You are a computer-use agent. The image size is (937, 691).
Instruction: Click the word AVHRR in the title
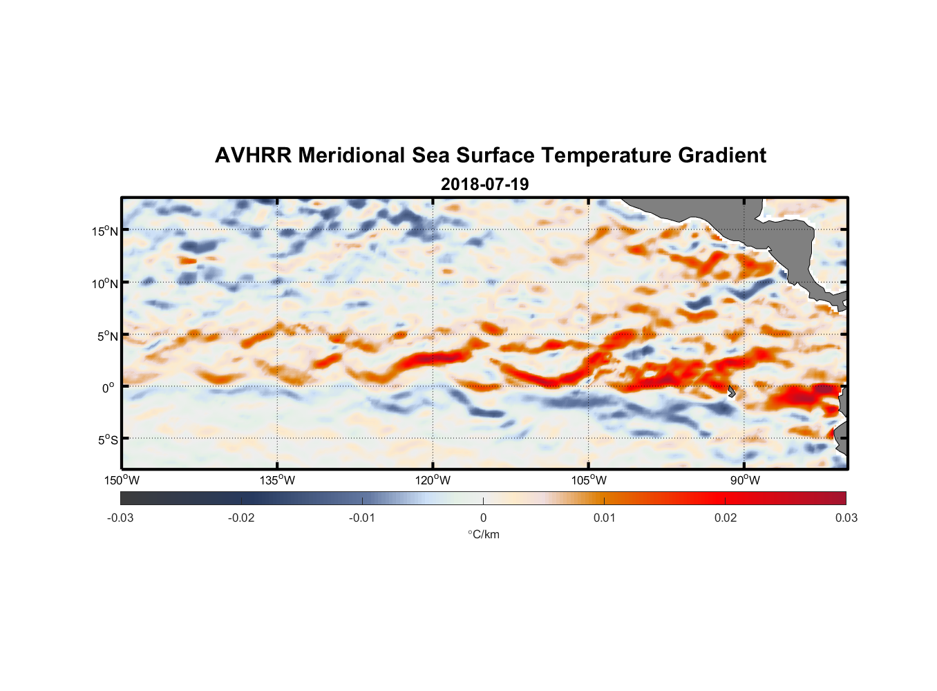(x=253, y=155)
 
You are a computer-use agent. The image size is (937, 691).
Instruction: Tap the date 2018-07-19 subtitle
(x=484, y=184)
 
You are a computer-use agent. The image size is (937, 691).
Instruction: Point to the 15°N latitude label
(x=105, y=231)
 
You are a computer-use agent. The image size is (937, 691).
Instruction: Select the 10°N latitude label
(x=105, y=283)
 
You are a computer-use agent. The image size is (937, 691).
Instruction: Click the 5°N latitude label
(x=107, y=336)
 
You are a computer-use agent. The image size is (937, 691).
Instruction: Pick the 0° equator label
(x=108, y=388)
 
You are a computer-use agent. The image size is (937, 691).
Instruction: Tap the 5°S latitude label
(x=107, y=440)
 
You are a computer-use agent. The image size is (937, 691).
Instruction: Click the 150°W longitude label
(x=122, y=480)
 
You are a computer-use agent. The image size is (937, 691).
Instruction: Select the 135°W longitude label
(x=278, y=480)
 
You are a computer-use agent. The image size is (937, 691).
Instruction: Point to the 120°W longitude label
(x=433, y=480)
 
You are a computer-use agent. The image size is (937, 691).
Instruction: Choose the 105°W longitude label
(x=589, y=480)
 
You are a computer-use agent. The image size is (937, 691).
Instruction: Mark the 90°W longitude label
(x=745, y=480)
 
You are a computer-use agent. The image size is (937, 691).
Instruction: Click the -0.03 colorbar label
(x=120, y=518)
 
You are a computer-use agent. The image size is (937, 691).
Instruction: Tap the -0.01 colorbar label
(x=362, y=518)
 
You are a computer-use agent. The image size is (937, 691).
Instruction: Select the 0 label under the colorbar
(x=483, y=518)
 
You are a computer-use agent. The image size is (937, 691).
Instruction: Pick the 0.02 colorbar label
(x=726, y=518)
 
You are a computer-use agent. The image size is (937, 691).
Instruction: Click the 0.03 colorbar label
(x=846, y=518)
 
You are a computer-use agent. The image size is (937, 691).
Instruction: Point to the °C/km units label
(x=484, y=535)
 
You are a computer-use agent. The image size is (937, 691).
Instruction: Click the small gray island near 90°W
(x=732, y=391)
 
